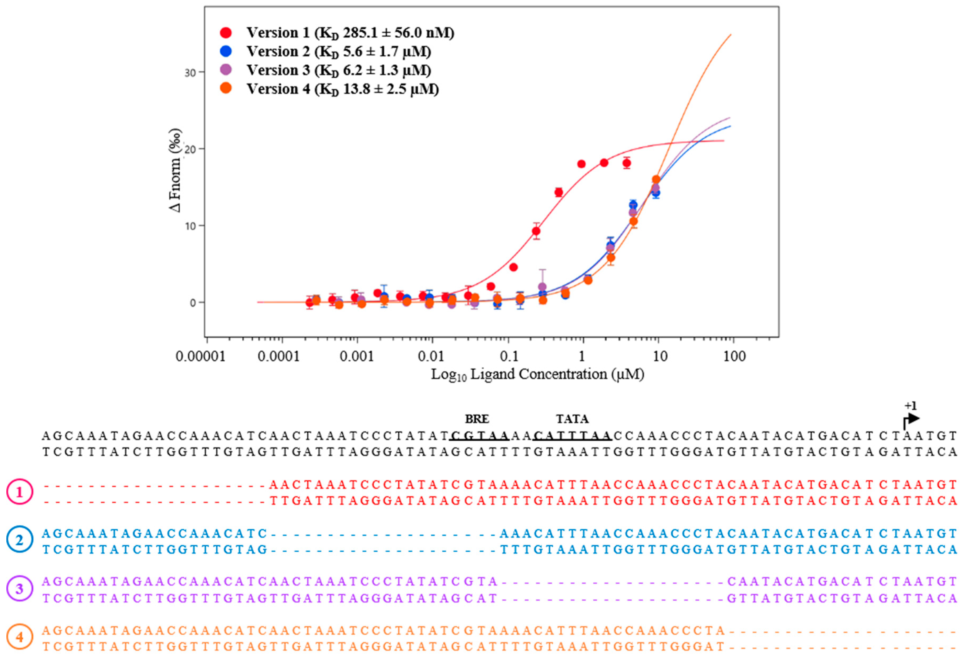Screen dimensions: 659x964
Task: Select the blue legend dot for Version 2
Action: click(226, 51)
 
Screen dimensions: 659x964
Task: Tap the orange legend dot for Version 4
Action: click(226, 88)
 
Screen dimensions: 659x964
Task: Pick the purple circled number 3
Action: click(20, 588)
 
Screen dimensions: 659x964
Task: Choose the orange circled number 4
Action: click(20, 637)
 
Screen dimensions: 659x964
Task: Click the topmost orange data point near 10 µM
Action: click(656, 179)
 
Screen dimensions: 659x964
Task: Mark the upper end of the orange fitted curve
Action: click(730, 35)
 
